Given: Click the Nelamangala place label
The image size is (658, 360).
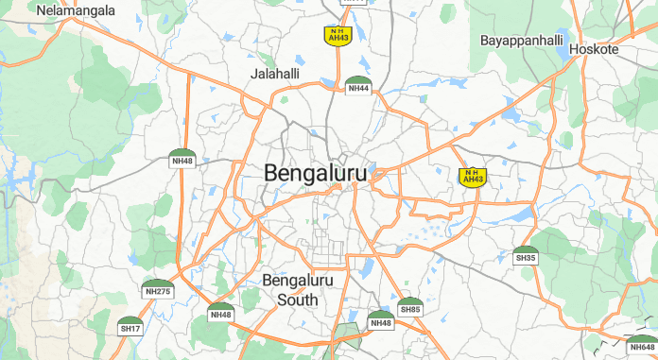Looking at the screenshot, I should (76, 11).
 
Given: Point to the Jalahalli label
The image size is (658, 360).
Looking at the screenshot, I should (275, 74).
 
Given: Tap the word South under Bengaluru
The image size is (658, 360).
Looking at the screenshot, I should (298, 300).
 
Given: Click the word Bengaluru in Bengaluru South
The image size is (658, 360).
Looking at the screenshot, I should (298, 282).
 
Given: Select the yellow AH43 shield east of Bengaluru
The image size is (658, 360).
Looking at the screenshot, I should (472, 176).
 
